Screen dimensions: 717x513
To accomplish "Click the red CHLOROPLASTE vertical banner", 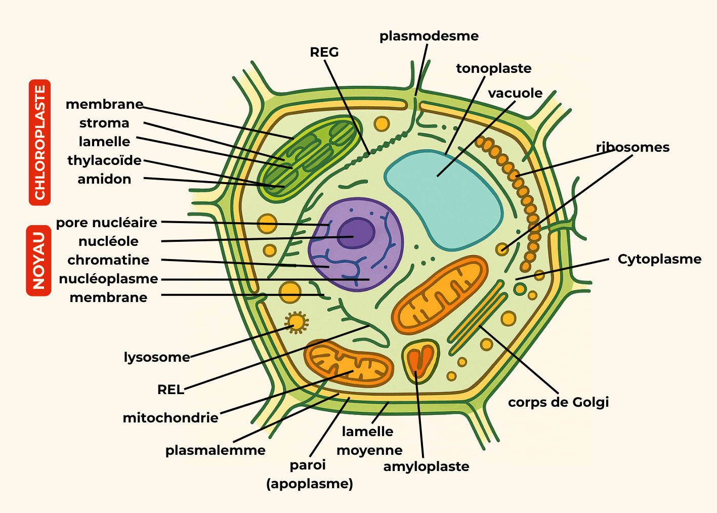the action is [x=39, y=142].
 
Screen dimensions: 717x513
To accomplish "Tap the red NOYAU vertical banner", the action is [x=38, y=261].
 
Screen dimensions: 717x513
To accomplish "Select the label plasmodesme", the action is [x=429, y=36].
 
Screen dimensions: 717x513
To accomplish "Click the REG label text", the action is [x=324, y=52].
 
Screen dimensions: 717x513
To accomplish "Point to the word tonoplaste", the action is [x=493, y=69].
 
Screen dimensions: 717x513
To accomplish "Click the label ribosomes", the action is [x=632, y=147].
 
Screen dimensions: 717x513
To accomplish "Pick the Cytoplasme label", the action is [x=659, y=260].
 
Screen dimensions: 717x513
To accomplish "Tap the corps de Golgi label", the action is [x=558, y=403].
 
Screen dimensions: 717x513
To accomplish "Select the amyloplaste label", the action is [x=427, y=467].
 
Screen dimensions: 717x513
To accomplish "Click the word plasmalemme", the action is [x=216, y=451].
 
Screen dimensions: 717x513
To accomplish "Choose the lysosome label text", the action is [x=157, y=358].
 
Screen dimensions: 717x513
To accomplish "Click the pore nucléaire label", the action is [x=107, y=223].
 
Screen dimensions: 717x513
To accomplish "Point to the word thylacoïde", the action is [x=104, y=161].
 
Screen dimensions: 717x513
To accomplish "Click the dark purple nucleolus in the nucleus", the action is [x=356, y=233].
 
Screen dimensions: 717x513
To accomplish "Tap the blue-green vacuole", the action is [x=443, y=199].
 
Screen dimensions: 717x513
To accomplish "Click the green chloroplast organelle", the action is [x=311, y=158].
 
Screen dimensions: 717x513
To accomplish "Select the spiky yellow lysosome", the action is [x=297, y=322].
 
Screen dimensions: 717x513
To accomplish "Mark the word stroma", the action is [x=104, y=123].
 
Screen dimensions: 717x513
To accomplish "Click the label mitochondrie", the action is [x=171, y=418].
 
